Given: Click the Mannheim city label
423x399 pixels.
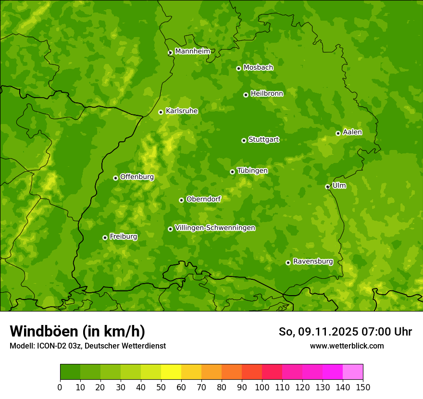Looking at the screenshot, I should coord(193,51).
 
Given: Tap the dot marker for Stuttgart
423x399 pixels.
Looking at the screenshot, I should coord(244,140).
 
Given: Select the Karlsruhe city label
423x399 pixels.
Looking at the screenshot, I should coord(182,111).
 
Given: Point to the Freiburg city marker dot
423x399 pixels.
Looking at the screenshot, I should coord(105,237).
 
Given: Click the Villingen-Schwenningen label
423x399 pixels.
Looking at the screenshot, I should coord(215,228).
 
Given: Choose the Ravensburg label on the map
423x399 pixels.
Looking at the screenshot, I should coord(313,262).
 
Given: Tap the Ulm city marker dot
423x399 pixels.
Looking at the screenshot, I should coord(327,187).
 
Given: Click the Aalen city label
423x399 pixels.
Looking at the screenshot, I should coord(352,132).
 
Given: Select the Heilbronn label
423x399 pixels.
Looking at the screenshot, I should coord(267,94).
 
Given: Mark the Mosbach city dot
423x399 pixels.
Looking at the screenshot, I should coord(238,68).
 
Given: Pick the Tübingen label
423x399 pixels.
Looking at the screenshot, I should coord(252,171).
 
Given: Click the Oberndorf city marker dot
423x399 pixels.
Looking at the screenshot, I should coord(181,200).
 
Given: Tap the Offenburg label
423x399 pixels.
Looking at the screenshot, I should coord(137,177).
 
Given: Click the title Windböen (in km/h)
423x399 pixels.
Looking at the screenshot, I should coord(77,331).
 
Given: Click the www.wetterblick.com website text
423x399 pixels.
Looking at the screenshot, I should coord(347,346).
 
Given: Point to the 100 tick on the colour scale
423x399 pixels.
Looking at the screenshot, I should coord(262,387).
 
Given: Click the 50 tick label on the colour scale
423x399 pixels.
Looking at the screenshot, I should coord(161,387).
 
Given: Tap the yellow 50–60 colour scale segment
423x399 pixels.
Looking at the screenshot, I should coord(171,372).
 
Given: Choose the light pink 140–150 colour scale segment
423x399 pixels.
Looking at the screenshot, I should coord(353,372).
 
